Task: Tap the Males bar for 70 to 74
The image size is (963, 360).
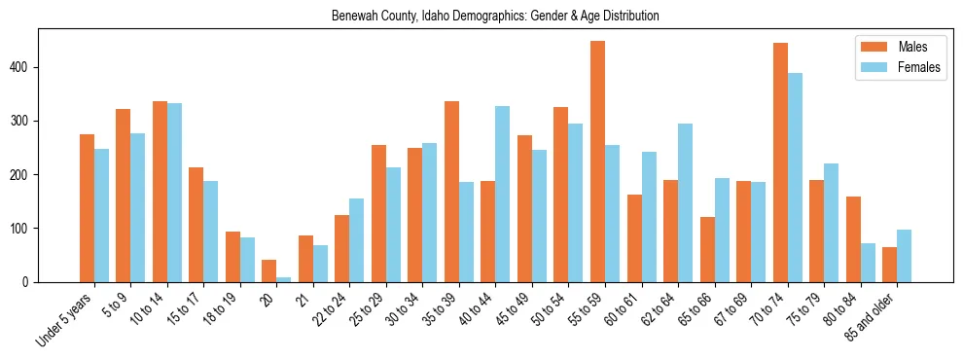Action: click(780, 162)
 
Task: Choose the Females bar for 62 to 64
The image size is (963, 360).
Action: click(685, 203)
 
